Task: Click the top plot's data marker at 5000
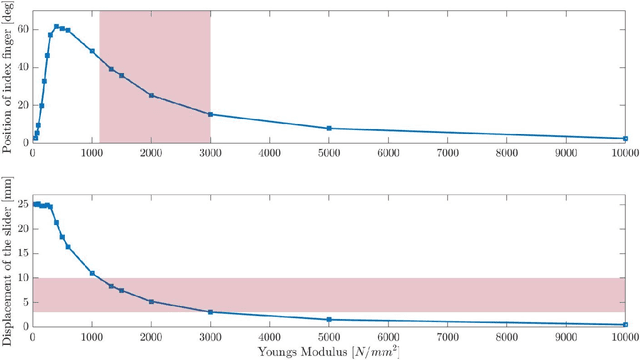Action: click(329, 128)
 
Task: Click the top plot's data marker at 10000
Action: click(625, 139)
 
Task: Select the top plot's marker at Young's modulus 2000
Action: click(151, 95)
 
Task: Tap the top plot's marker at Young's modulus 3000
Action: click(210, 114)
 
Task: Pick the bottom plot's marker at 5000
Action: click(329, 320)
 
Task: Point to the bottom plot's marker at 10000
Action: click(625, 324)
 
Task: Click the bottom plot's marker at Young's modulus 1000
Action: click(92, 273)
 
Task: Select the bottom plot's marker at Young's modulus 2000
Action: click(151, 301)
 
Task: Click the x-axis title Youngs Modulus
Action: click(329, 351)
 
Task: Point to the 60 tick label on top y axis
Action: click(22, 30)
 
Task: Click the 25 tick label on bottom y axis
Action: click(22, 205)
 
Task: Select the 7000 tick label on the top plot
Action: click(447, 154)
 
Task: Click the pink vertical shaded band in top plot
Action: click(155, 50)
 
